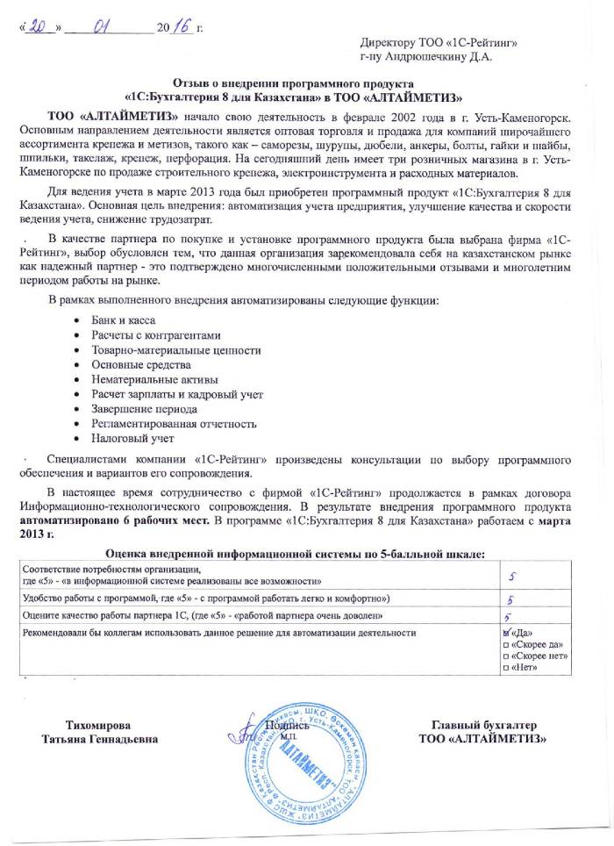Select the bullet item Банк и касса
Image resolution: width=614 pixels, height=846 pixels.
click(118, 321)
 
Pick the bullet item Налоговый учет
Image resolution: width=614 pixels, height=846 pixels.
click(127, 437)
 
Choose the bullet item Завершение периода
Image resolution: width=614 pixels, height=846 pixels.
click(138, 408)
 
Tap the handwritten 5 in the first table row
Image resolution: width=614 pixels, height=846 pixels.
click(516, 575)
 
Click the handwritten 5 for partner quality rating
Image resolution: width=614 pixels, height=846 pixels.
click(508, 616)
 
